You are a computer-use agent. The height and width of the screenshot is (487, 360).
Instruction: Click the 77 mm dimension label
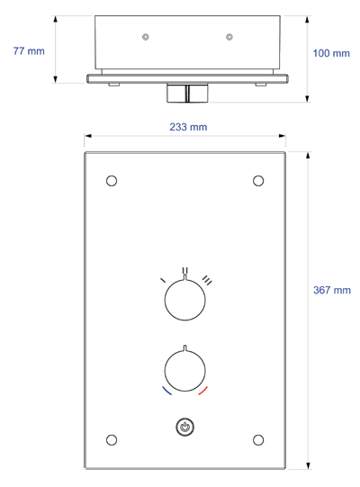click(x=29, y=51)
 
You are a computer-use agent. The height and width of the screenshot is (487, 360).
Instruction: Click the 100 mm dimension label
click(x=330, y=54)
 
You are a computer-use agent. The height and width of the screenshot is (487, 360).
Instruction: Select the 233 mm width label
click(x=188, y=127)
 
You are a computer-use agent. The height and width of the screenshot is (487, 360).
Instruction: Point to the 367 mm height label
click(x=331, y=290)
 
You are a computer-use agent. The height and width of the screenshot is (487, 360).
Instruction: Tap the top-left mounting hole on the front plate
click(x=112, y=180)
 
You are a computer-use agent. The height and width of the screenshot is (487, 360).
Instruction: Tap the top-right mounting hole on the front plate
click(x=258, y=180)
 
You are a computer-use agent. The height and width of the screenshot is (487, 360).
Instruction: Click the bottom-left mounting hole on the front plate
click(x=112, y=439)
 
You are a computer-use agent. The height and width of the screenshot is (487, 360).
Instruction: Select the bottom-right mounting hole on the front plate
click(x=258, y=439)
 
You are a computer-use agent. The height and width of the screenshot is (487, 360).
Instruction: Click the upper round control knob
click(x=185, y=301)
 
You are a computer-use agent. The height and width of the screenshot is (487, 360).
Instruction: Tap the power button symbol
click(x=185, y=428)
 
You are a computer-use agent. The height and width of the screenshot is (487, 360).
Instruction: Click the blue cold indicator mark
click(x=166, y=392)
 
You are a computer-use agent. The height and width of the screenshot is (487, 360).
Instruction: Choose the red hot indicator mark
click(x=203, y=392)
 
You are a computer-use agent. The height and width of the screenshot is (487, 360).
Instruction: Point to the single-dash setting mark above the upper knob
click(x=163, y=281)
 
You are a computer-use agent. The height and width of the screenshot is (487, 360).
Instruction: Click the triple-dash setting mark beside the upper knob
click(x=207, y=280)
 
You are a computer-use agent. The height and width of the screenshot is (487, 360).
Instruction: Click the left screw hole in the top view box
click(x=146, y=36)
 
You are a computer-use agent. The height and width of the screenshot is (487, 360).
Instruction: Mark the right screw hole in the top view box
click(x=229, y=36)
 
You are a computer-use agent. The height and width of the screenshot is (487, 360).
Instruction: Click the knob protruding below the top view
click(x=185, y=93)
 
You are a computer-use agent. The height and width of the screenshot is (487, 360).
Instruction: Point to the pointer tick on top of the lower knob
click(x=185, y=349)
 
